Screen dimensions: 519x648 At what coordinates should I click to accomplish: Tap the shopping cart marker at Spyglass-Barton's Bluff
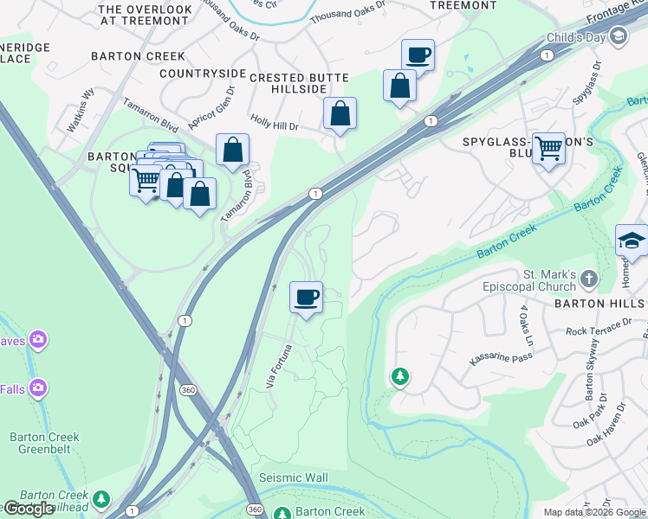coord(548,149)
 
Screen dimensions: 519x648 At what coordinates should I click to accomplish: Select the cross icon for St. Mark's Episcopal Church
coord(589,279)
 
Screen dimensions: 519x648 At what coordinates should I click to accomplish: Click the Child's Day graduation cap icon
coord(619,36)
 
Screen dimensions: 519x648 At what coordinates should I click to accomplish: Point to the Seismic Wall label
coord(294,478)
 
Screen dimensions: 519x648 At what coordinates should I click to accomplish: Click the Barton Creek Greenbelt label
coord(44,443)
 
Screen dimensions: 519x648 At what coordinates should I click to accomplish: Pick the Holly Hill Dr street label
coord(274,125)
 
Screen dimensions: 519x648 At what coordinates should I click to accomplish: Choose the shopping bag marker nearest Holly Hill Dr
coord(340,113)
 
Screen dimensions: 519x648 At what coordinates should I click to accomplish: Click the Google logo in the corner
coord(29,509)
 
